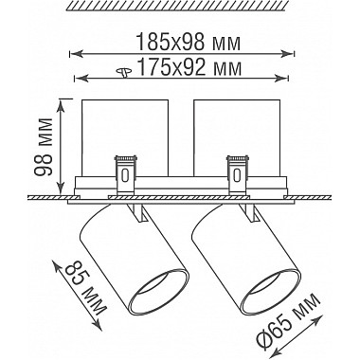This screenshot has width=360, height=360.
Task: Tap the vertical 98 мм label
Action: click(43, 147)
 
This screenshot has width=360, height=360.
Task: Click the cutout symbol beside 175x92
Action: click(125, 72)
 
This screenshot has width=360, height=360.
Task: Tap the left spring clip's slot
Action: click(125, 175)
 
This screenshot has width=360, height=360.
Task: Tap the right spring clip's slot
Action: click(236, 175)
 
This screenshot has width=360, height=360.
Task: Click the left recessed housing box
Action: click(125, 137)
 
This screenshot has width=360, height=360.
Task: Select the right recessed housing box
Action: click(237, 137)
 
